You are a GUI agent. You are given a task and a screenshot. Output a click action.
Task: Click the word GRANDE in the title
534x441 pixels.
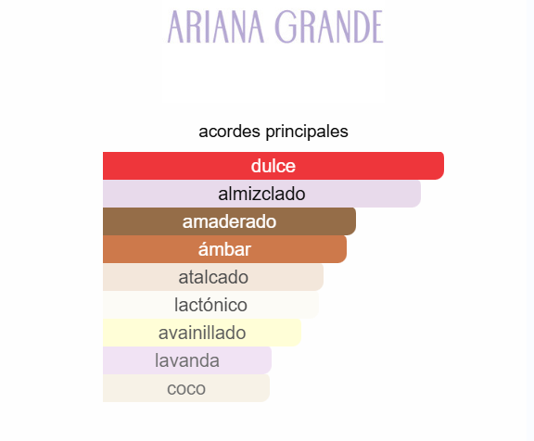pos(330,27)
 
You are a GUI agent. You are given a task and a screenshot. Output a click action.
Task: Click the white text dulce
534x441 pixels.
pos(273,166)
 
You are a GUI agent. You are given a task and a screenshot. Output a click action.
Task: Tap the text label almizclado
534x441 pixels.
pos(261,194)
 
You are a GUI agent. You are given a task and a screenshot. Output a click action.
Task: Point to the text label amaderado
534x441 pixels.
pos(229,221)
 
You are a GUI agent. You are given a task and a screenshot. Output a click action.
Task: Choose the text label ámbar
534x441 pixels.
pos(224,249)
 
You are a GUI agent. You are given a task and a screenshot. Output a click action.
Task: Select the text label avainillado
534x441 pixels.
pos(202,333)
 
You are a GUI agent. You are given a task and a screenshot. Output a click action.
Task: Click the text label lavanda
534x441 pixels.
pos(187,360)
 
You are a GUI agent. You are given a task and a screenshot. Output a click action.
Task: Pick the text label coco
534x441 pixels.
pos(186,388)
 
